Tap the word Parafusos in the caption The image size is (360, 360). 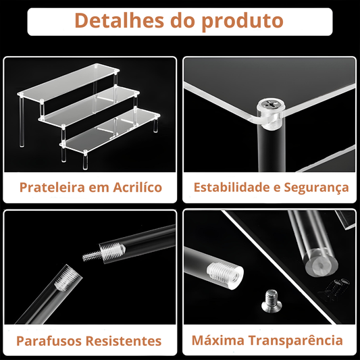(49, 341)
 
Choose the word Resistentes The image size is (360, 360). (124, 341)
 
